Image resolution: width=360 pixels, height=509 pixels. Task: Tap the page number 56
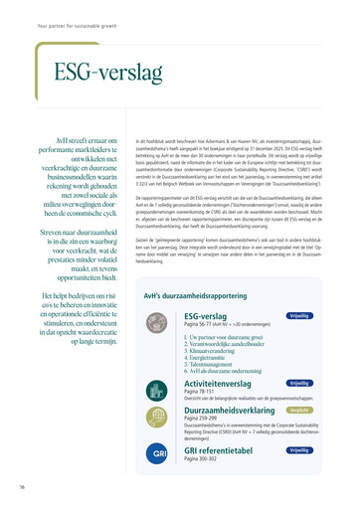tap(21, 487)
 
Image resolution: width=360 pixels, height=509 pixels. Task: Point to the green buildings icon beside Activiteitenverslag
tap(160, 388)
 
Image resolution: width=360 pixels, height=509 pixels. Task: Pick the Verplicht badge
tap(298, 409)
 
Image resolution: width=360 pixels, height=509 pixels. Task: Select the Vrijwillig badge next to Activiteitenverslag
tap(298, 383)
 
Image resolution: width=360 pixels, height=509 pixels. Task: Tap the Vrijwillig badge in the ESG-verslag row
tap(298, 315)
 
